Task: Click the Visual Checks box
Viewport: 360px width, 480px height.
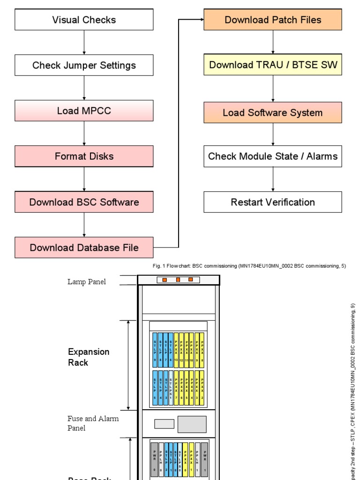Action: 84,20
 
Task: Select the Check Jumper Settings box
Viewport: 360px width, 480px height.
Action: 84,65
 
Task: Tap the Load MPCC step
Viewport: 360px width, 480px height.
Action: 84,111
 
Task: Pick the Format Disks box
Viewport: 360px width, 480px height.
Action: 84,156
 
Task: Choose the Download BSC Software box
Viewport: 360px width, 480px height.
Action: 84,202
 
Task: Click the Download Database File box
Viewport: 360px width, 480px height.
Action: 84,247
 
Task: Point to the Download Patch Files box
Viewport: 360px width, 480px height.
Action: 272,20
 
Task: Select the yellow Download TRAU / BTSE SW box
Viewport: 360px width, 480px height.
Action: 272,65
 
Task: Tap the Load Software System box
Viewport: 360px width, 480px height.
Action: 272,112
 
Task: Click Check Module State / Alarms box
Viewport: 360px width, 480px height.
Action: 272,156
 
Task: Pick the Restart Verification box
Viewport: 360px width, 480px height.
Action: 272,202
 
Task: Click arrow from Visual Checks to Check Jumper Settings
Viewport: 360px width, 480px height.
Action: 84,42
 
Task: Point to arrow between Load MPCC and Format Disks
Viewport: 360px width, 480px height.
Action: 84,134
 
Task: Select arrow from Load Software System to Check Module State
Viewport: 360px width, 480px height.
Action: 273,135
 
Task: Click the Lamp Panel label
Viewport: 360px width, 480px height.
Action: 86,282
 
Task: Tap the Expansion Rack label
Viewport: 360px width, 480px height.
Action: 89,357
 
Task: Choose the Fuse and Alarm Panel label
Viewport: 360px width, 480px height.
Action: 93,423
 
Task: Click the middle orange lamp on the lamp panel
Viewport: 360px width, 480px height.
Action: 178,280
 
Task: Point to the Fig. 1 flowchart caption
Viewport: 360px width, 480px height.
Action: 249,266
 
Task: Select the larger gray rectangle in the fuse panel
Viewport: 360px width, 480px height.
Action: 192,424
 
